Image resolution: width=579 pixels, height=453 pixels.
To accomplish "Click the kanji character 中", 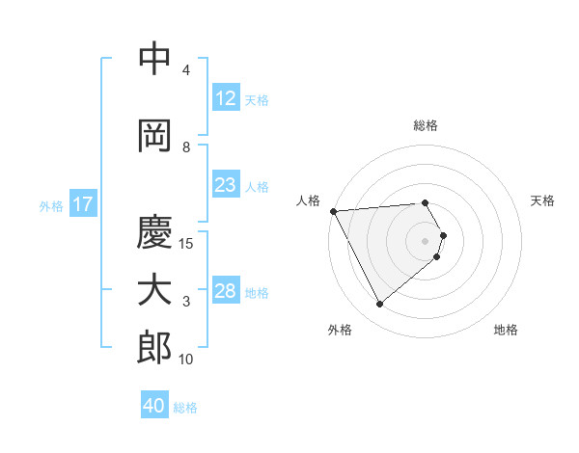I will pos(154,60).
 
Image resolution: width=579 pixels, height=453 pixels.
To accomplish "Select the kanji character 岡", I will pos(154,136).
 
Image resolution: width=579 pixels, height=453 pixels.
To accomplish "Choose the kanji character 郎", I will pos(154,347).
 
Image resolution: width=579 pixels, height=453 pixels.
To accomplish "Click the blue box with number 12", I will pos(225,98).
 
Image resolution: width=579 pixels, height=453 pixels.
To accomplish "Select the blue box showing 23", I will pos(225,186).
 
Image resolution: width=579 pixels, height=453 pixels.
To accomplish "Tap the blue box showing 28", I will pos(225,291).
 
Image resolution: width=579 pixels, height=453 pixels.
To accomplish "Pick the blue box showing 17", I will pos(82,204).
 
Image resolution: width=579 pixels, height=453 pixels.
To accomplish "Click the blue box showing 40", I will pos(154,406).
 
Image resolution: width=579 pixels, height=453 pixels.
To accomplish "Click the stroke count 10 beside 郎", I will pos(186,360).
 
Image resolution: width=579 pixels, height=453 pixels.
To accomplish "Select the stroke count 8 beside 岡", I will pos(186,147).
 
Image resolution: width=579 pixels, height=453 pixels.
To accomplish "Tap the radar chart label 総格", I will pos(426,125).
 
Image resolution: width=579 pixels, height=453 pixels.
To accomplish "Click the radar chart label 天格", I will pos(542,200).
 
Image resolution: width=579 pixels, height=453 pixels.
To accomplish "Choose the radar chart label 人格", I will pos(309,200).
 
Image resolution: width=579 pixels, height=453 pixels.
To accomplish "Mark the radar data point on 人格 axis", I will pos(333,211).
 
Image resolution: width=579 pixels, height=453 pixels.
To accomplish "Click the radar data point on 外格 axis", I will pos(379,305).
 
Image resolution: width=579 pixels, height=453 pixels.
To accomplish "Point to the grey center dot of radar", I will pos(426,240).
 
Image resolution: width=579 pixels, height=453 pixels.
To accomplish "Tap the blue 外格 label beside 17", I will pos(50,205).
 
